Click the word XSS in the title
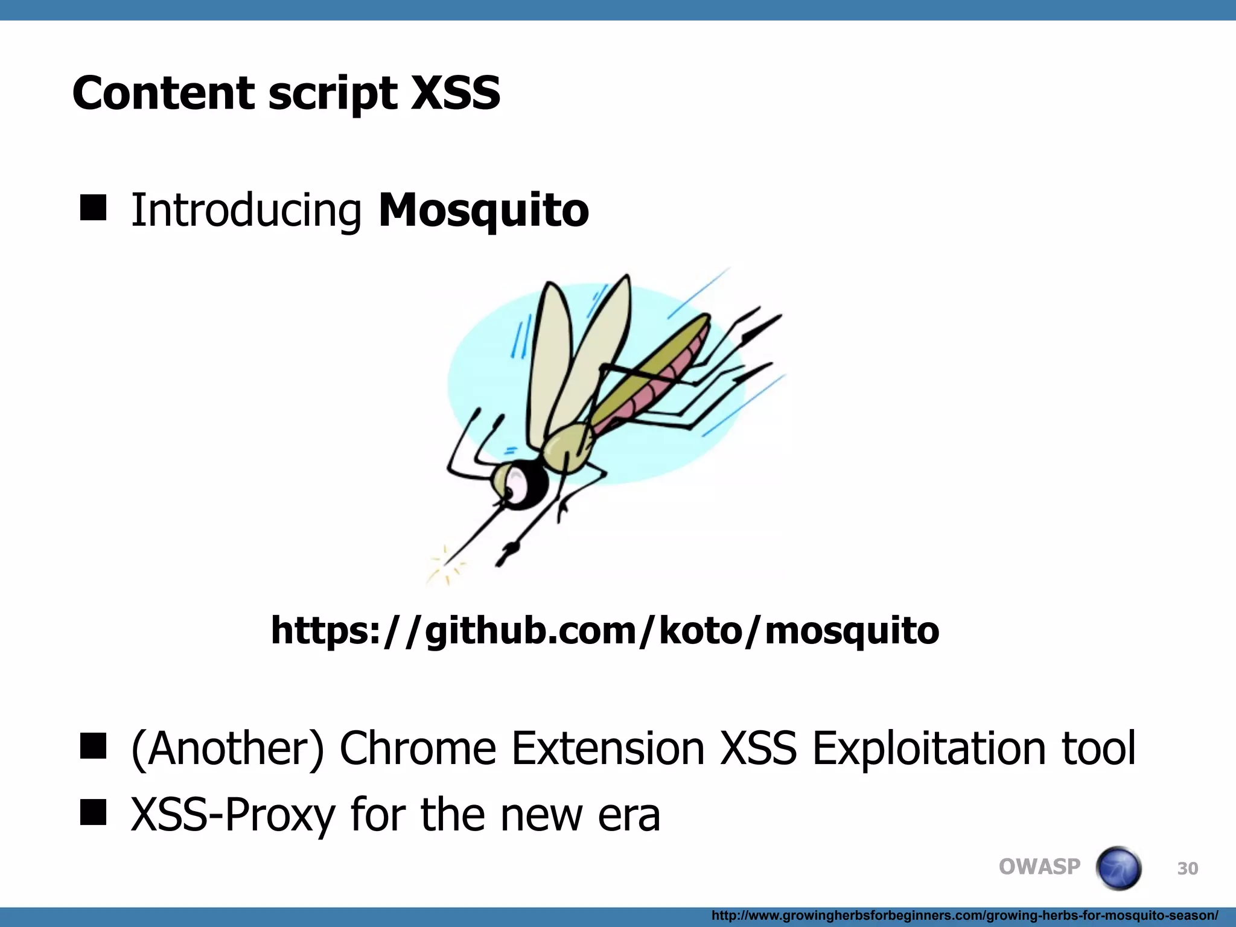[456, 93]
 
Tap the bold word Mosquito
[483, 210]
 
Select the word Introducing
[246, 210]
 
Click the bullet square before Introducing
[93, 208]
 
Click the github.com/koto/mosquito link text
[605, 630]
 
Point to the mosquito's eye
[517, 483]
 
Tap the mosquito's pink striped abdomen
[652, 386]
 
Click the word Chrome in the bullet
[418, 748]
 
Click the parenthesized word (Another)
[228, 748]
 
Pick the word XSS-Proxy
[233, 815]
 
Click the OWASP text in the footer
[1039, 867]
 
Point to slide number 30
[1187, 868]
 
